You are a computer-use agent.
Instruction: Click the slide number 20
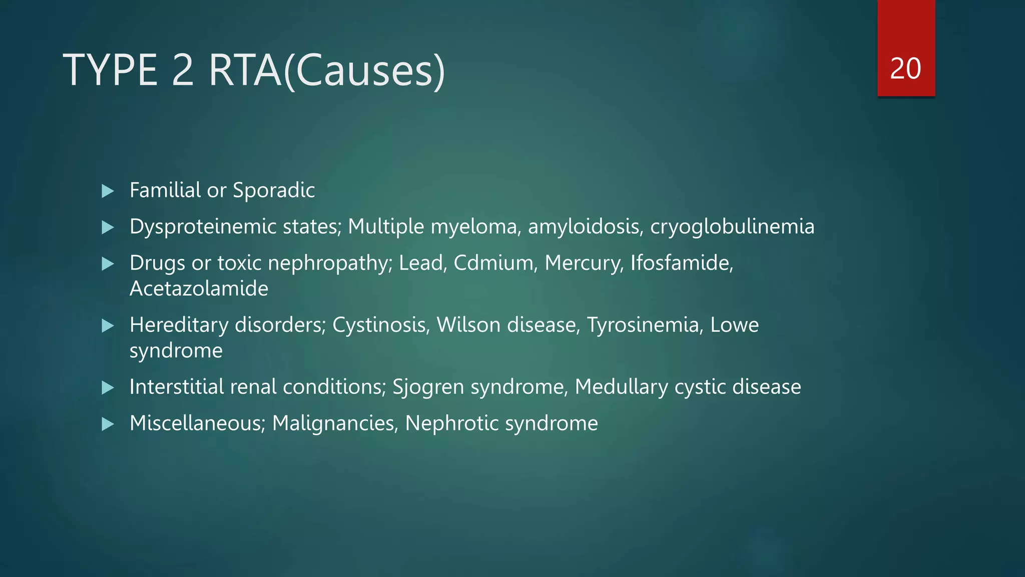pos(905,69)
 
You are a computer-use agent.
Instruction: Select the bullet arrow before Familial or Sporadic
pos(108,191)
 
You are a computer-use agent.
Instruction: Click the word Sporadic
pos(274,190)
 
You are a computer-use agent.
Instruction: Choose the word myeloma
pos(473,227)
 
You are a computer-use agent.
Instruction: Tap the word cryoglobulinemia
pos(732,227)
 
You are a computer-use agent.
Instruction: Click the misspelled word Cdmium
pos(493,263)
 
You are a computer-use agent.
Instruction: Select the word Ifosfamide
pos(681,263)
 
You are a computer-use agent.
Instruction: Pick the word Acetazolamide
pos(199,288)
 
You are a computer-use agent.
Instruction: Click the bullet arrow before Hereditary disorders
pos(108,326)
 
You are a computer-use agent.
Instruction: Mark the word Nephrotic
pos(451,424)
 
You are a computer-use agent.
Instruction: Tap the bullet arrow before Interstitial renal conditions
pos(108,388)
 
